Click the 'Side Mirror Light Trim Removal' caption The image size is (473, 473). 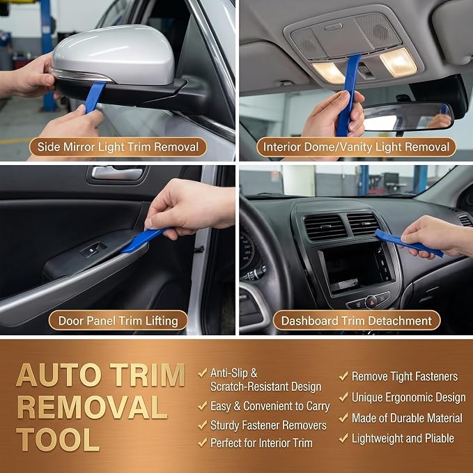pyautogui.click(x=118, y=147)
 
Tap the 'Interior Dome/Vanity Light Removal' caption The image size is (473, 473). pyautogui.click(x=356, y=147)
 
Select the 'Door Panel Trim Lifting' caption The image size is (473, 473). pyautogui.click(x=118, y=320)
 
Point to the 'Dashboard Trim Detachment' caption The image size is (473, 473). pyautogui.click(x=357, y=320)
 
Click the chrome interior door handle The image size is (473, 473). pyautogui.click(x=117, y=173)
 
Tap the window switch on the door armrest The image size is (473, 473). pyautogui.click(x=93, y=250)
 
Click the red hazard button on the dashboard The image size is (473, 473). pyautogui.click(x=371, y=302)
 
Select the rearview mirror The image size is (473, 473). pyautogui.click(x=408, y=116)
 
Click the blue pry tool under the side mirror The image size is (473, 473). pyautogui.click(x=95, y=97)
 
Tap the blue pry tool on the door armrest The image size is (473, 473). pyautogui.click(x=144, y=240)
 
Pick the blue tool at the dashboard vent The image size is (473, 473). pyautogui.click(x=408, y=242)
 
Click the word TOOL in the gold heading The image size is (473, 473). pyautogui.click(x=58, y=439)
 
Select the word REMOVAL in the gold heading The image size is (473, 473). pyautogui.click(x=92, y=407)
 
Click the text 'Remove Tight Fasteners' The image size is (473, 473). pyautogui.click(x=405, y=376)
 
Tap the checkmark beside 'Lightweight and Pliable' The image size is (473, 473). pyautogui.click(x=343, y=437)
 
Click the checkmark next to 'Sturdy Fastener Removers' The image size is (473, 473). pyautogui.click(x=203, y=425)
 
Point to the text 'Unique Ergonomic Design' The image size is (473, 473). pyautogui.click(x=409, y=398)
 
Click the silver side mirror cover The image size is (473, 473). pyautogui.click(x=113, y=54)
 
